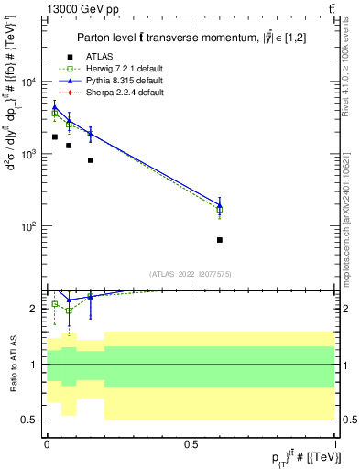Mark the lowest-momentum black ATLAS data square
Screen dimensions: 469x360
(x=55, y=136)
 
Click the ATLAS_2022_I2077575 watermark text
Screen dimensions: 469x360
(x=190, y=274)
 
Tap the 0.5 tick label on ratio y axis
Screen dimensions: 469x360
(x=28, y=420)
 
